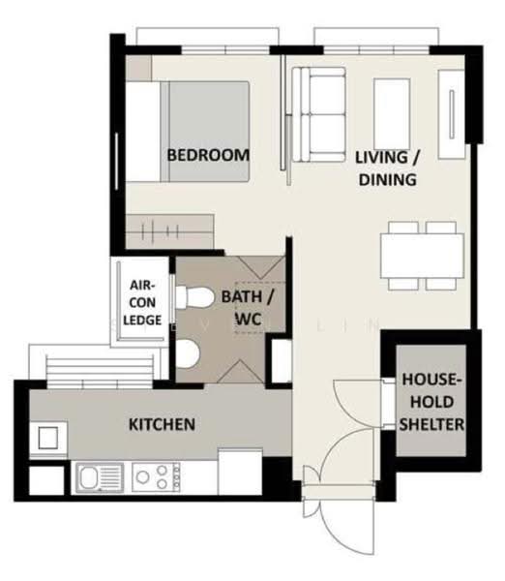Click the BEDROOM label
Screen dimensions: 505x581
(x=208, y=155)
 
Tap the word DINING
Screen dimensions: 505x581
(x=387, y=179)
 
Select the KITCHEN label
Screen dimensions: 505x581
(x=162, y=424)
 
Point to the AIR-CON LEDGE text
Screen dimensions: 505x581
(x=142, y=303)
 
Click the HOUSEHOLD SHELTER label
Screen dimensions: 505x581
(x=431, y=402)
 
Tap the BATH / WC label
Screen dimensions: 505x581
(x=248, y=308)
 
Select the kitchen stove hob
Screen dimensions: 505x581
(x=156, y=477)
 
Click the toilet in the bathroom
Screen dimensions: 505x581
(x=194, y=297)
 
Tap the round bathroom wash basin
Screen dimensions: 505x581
(x=188, y=353)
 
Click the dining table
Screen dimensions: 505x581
(x=422, y=256)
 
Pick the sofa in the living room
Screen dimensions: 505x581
(x=319, y=114)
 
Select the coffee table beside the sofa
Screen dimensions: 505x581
(x=392, y=114)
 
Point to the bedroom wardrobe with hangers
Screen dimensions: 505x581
(x=170, y=231)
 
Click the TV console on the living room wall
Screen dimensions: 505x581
(x=451, y=114)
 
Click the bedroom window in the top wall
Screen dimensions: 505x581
(x=225, y=50)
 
